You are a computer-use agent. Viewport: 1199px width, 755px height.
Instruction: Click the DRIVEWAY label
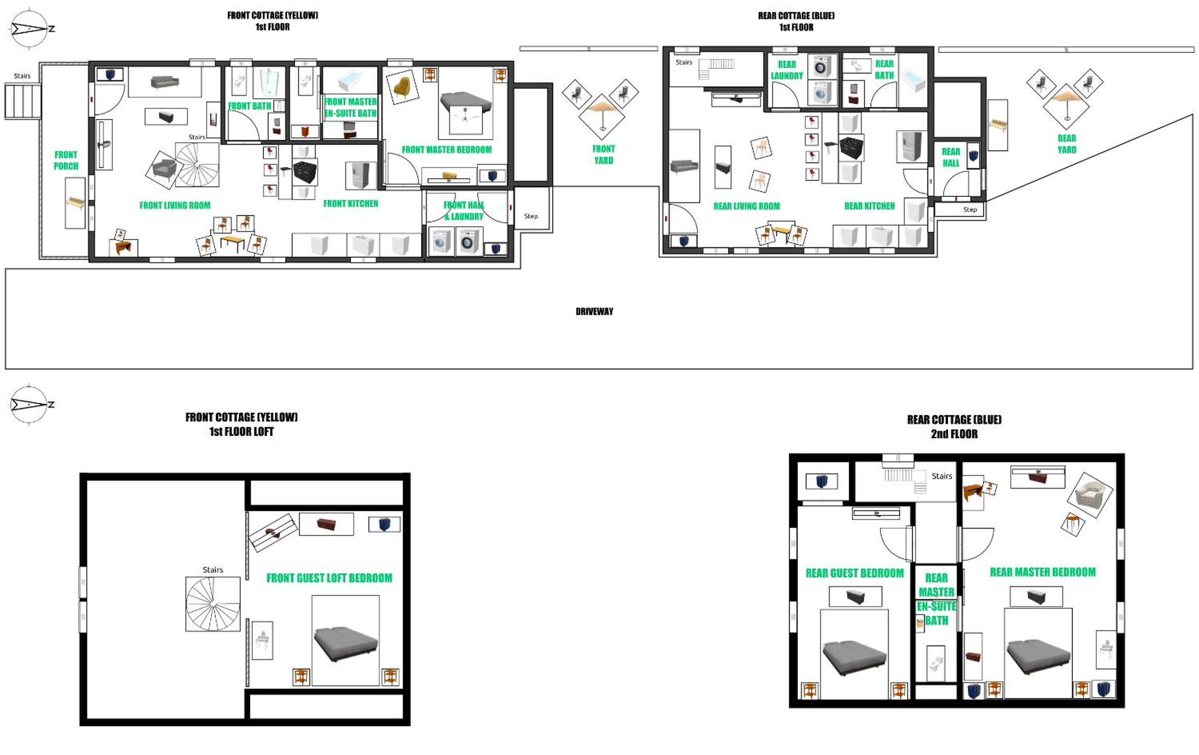tap(594, 311)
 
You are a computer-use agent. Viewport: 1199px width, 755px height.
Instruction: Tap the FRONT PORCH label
tap(66, 160)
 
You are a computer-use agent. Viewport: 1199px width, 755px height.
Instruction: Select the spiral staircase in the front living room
tap(197, 164)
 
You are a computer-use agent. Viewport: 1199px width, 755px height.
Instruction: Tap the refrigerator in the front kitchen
tap(361, 175)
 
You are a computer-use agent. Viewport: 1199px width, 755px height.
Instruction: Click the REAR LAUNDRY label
tap(787, 70)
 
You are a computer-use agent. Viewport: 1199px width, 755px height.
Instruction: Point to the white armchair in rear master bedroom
tap(1090, 496)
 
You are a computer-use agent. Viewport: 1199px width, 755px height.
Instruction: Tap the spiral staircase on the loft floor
tap(213, 604)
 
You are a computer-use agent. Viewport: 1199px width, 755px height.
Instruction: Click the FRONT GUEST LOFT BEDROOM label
tap(329, 578)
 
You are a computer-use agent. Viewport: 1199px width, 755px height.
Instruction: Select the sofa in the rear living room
tap(684, 166)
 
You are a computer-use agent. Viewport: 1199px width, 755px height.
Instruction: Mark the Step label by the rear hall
tap(970, 209)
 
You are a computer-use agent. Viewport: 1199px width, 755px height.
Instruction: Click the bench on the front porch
tap(75, 203)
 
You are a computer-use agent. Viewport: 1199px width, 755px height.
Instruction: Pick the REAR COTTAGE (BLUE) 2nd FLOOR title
tap(954, 426)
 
